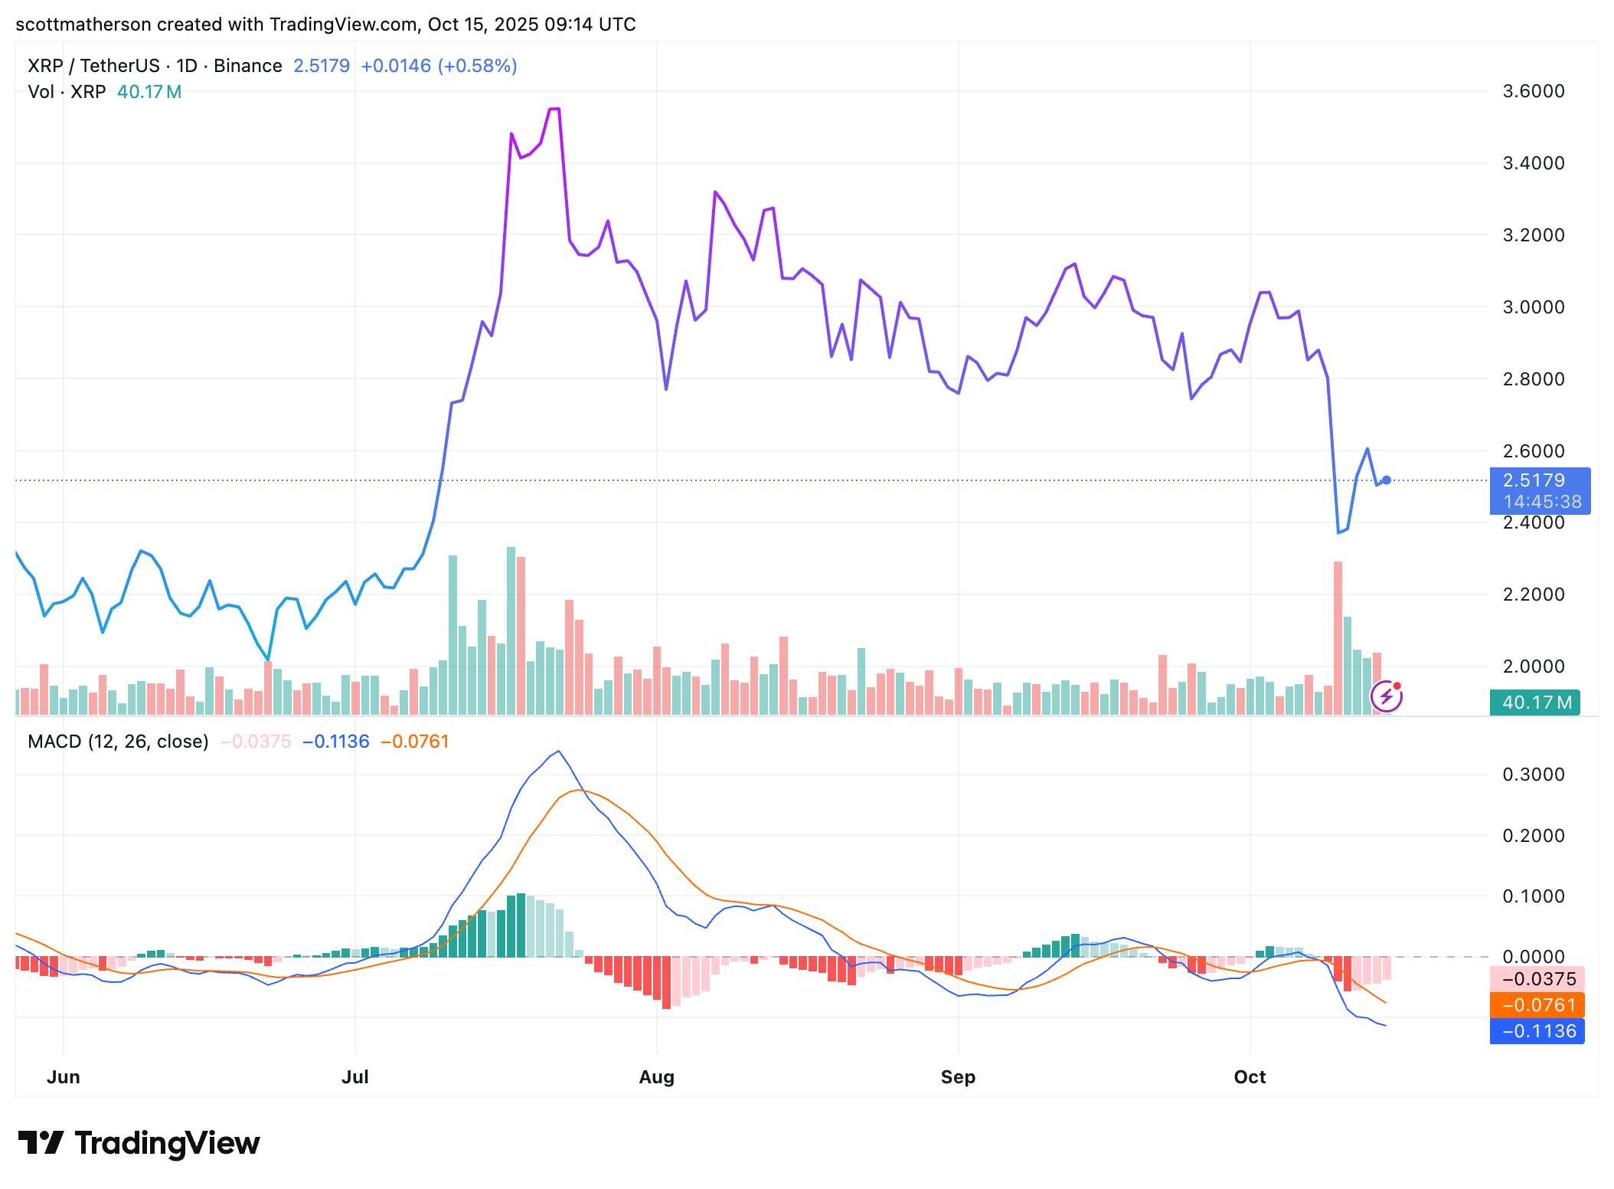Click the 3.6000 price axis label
(1533, 91)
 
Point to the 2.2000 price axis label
(1533, 594)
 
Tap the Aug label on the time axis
(656, 1077)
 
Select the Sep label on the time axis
(958, 1077)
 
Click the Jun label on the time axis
(64, 1077)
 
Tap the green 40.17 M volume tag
(1534, 703)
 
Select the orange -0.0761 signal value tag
(1537, 1005)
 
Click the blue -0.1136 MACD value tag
(1537, 1031)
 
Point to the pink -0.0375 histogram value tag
(1537, 979)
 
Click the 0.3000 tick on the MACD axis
(1533, 775)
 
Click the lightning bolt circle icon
(1387, 696)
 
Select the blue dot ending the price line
(1386, 480)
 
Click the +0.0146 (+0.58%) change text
(439, 66)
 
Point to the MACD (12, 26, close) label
(118, 742)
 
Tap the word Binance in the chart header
(247, 66)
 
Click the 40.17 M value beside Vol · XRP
(149, 92)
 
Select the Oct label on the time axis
(1250, 1077)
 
